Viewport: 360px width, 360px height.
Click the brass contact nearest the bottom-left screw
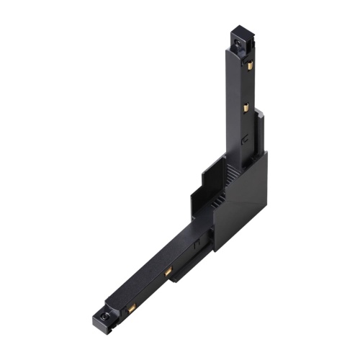pyautogui.click(x=132, y=309)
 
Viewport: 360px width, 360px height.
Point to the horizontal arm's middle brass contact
pyautogui.click(x=167, y=272)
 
